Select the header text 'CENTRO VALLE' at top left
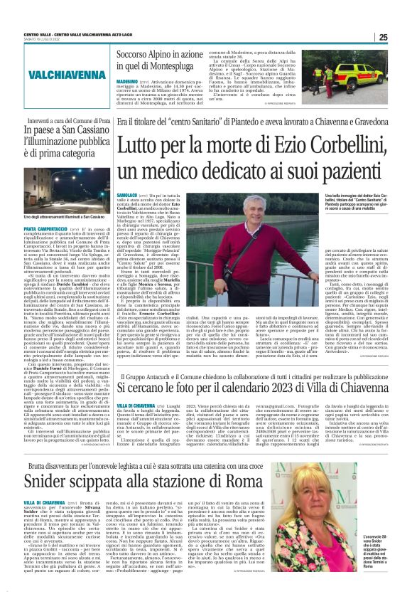37,34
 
